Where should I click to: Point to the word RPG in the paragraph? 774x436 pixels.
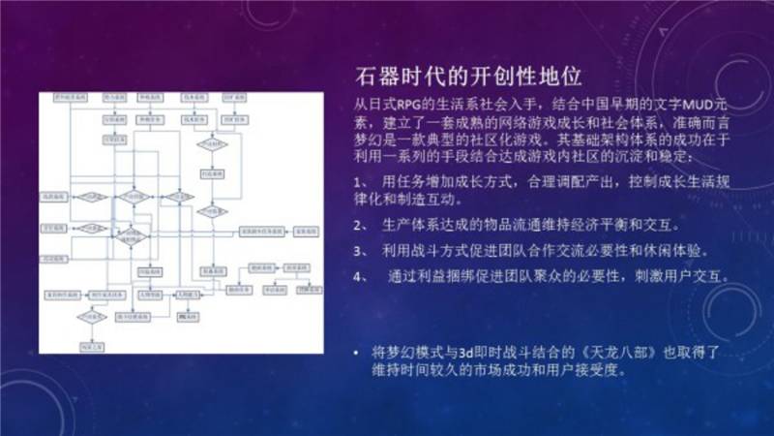[x=406, y=105]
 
